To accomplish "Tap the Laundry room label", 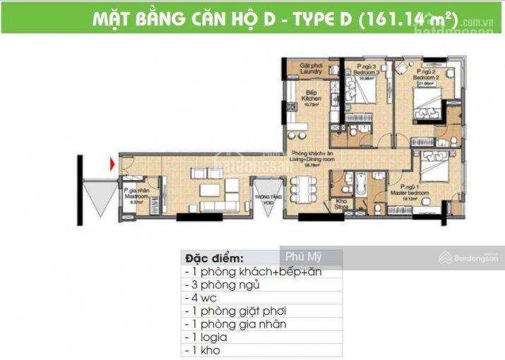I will (311, 68).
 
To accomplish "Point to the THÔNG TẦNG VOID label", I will (265, 200).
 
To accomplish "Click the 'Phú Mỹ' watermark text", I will (299, 258).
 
